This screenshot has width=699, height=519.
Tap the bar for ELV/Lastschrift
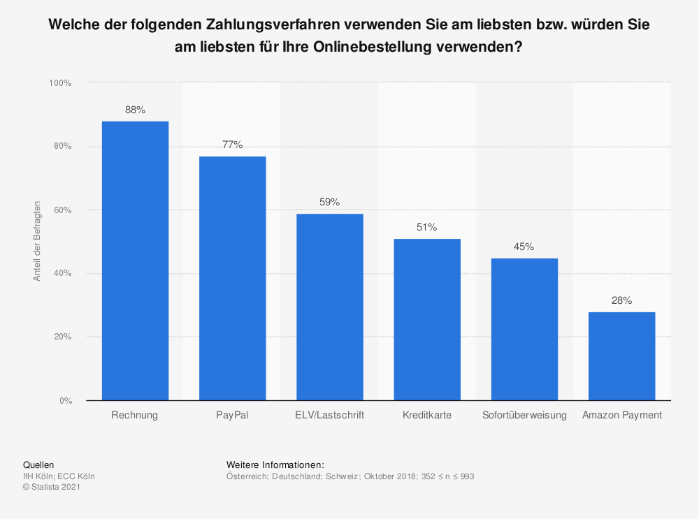[329, 307]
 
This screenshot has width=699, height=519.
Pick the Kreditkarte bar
[426, 319]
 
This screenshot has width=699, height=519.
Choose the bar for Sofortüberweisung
[524, 329]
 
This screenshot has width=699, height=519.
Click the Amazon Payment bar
[621, 356]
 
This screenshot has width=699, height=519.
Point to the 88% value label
[135, 110]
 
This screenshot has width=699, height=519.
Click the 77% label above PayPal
[232, 145]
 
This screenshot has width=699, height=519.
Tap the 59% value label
[329, 202]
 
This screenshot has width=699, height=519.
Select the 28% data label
[621, 300]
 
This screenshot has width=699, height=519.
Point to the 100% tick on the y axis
[59, 83]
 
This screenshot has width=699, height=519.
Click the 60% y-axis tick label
[62, 210]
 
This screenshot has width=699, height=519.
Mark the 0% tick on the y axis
[64, 401]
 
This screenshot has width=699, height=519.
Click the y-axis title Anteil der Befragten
[37, 241]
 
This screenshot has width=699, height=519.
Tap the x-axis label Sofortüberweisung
[524, 415]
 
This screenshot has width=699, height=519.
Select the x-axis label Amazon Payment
[621, 415]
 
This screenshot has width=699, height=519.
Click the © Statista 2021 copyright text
[52, 488]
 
